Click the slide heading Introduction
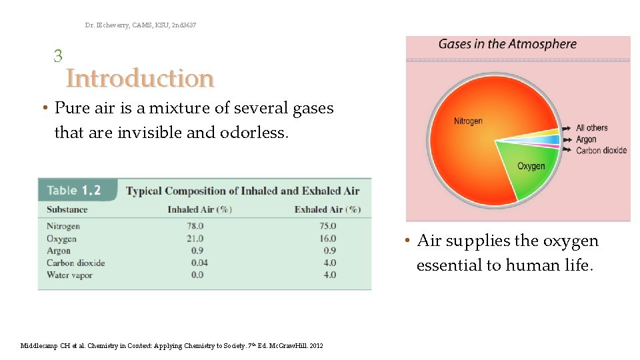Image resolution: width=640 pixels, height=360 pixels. (x=140, y=79)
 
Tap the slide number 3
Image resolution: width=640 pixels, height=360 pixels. (x=58, y=56)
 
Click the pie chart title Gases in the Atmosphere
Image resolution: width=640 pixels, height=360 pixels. (x=507, y=45)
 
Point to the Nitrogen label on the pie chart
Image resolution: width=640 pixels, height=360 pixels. (x=468, y=121)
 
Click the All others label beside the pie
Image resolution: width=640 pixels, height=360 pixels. (x=592, y=128)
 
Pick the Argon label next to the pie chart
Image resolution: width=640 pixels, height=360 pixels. (x=586, y=139)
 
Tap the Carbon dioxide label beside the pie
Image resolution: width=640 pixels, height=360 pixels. (x=601, y=151)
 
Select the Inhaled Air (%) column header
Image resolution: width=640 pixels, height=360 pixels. (x=199, y=209)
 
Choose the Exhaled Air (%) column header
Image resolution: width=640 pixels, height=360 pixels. (x=327, y=209)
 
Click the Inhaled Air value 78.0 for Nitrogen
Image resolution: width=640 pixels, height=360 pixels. (x=195, y=226)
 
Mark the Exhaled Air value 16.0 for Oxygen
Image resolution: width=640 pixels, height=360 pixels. (x=327, y=239)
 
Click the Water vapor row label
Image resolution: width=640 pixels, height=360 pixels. (x=69, y=275)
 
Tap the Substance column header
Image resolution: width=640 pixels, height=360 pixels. (x=67, y=209)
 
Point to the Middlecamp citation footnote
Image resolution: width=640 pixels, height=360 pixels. (x=171, y=346)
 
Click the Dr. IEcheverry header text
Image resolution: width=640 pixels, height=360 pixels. (x=141, y=25)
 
